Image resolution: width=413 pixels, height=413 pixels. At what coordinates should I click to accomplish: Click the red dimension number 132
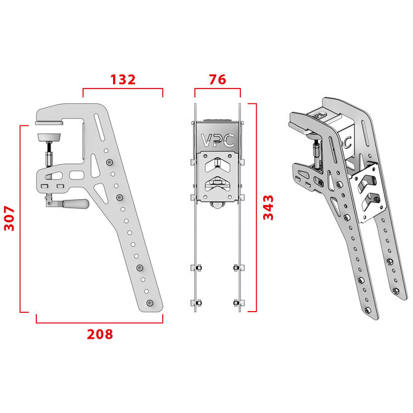tap(122, 79)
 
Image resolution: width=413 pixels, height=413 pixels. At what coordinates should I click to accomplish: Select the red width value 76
tap(217, 79)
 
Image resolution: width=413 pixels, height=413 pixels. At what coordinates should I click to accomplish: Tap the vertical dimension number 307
tap(10, 218)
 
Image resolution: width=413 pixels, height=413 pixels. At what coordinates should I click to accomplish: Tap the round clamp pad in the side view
tap(50, 136)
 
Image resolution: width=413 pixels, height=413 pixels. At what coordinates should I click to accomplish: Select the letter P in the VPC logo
tap(217, 139)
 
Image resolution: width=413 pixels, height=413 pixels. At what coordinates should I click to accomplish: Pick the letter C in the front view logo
tap(229, 139)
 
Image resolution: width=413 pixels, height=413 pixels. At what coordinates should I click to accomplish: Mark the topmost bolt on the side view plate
tap(109, 162)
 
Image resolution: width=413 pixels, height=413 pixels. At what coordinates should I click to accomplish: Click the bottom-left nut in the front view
tap(198, 302)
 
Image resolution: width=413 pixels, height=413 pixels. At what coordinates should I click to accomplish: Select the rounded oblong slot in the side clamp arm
tap(77, 175)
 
